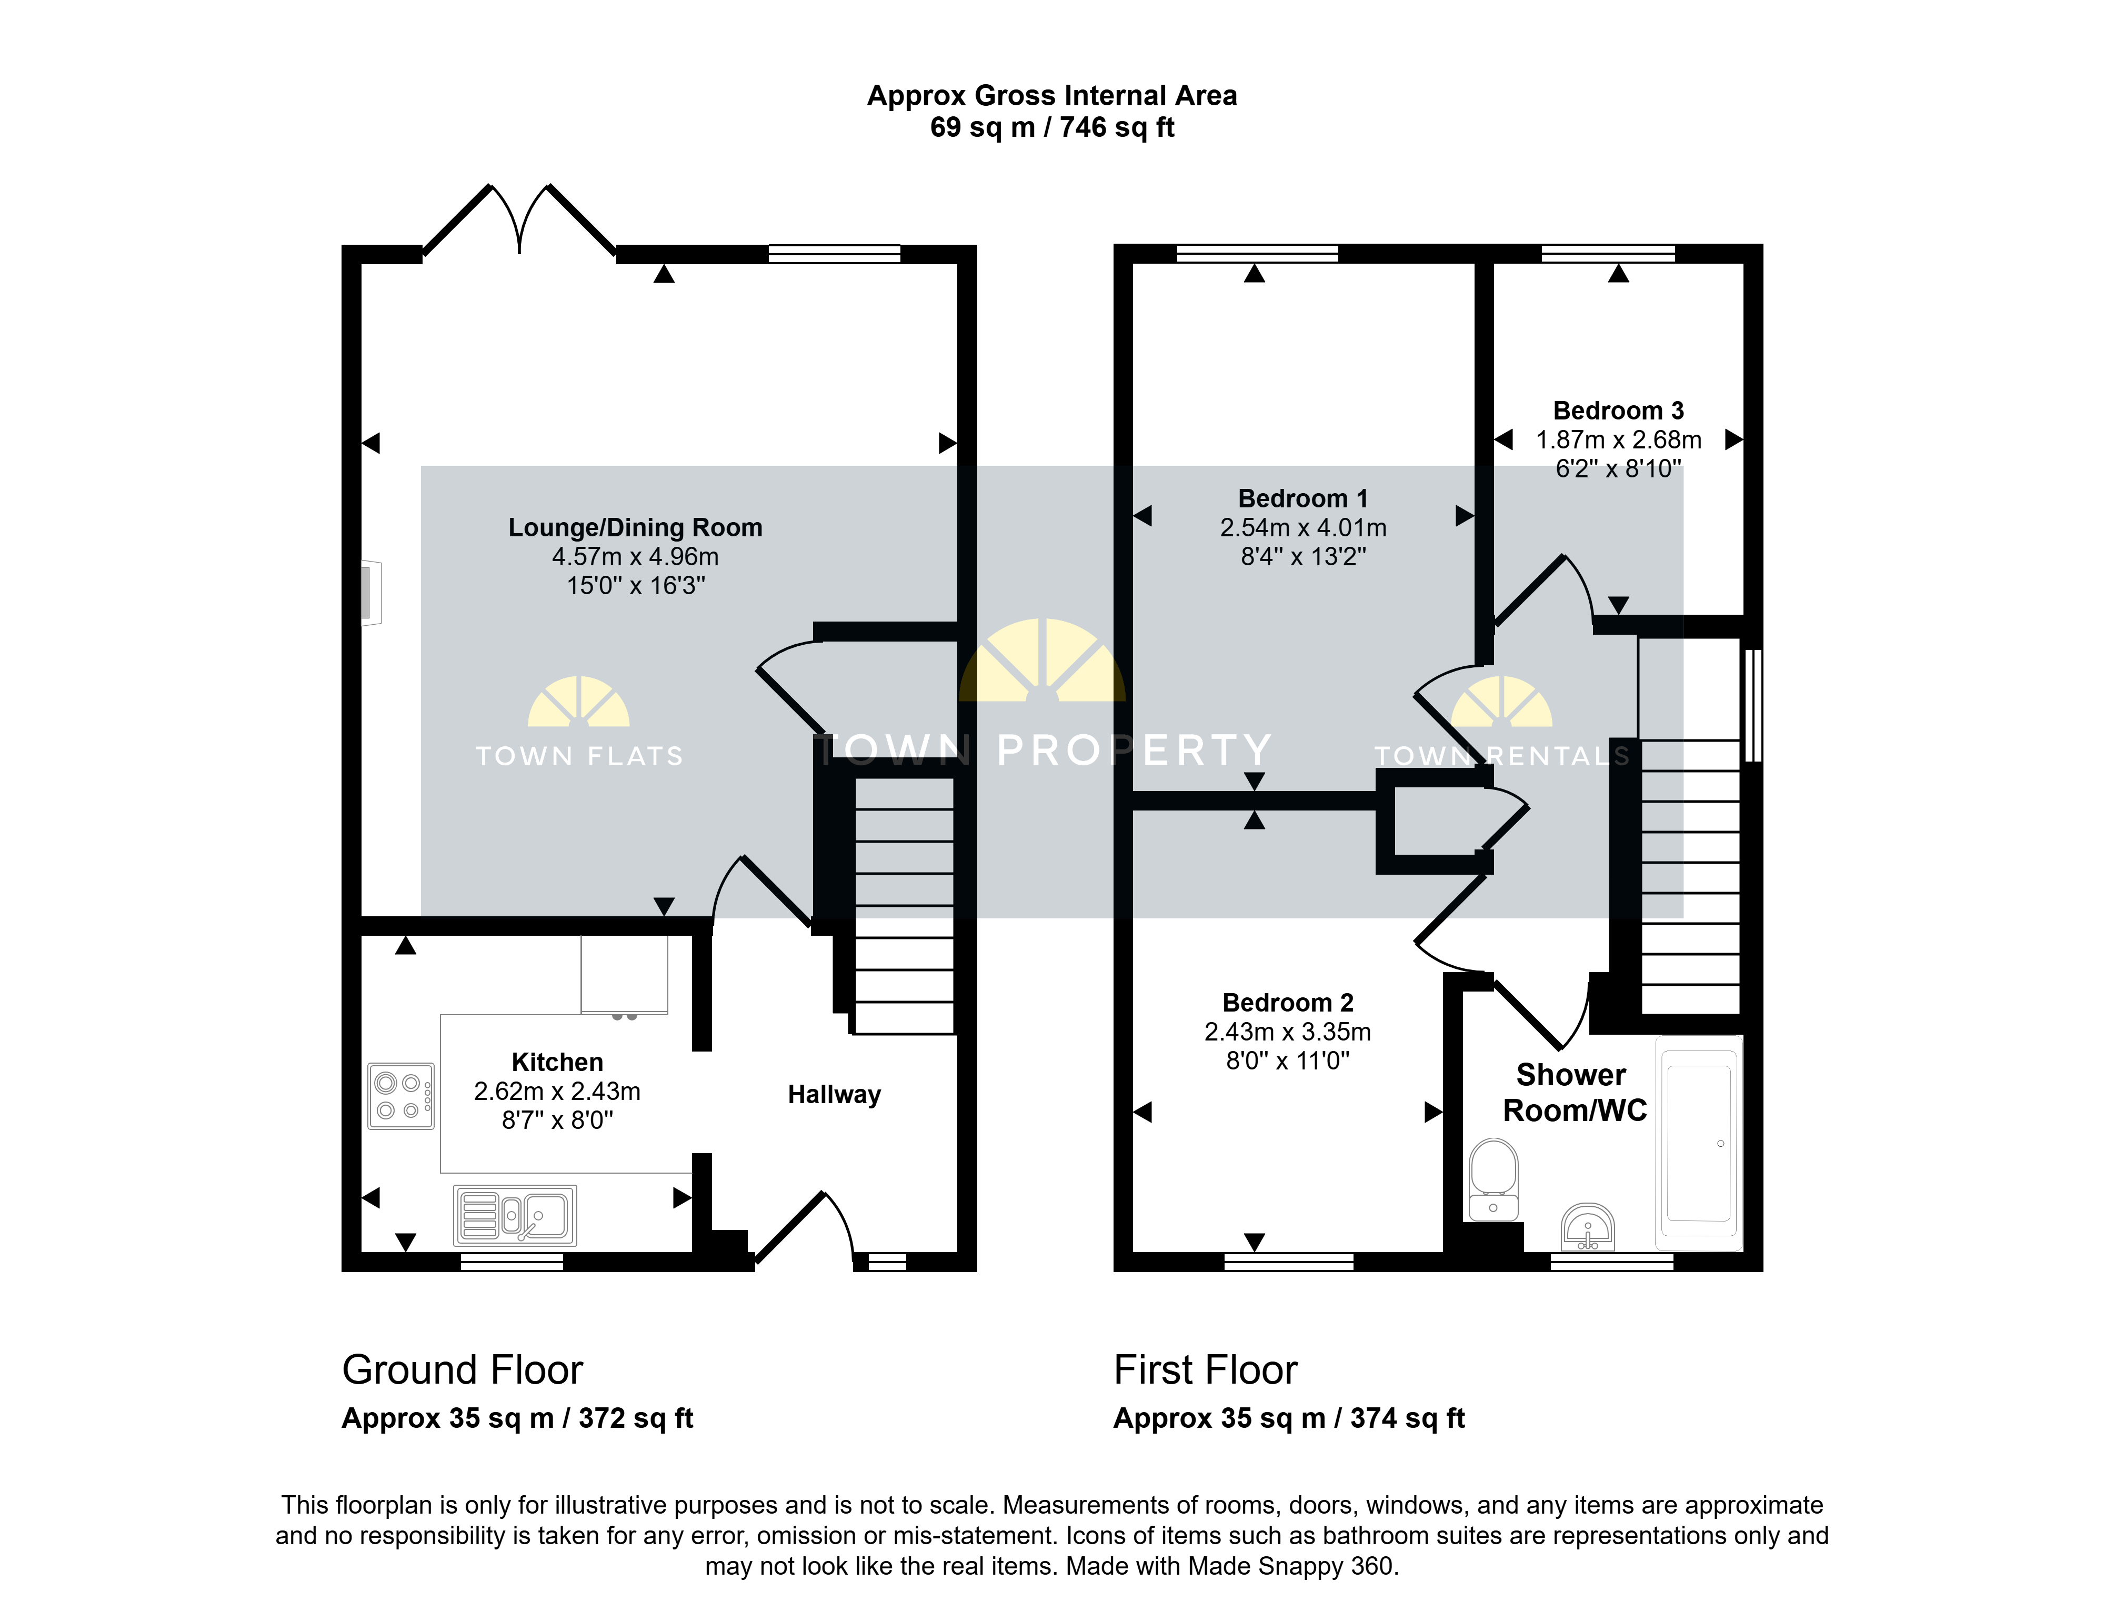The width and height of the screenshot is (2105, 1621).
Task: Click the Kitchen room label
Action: point(557,1062)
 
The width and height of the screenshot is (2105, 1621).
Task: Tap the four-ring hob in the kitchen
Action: point(401,1096)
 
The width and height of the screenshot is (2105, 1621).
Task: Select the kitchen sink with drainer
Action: point(516,1215)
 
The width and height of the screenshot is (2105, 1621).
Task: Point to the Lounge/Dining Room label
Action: point(635,527)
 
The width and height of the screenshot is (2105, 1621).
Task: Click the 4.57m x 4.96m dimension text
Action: point(635,556)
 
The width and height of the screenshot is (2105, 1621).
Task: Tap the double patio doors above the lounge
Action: point(519,221)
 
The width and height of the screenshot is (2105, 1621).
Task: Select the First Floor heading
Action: point(1206,1369)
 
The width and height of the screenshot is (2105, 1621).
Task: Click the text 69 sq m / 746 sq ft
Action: point(1052,127)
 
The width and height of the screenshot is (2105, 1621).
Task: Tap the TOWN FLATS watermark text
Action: point(579,756)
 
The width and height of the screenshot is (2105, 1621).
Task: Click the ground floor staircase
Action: point(903,906)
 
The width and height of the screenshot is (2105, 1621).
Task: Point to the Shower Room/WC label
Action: point(1575,1093)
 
